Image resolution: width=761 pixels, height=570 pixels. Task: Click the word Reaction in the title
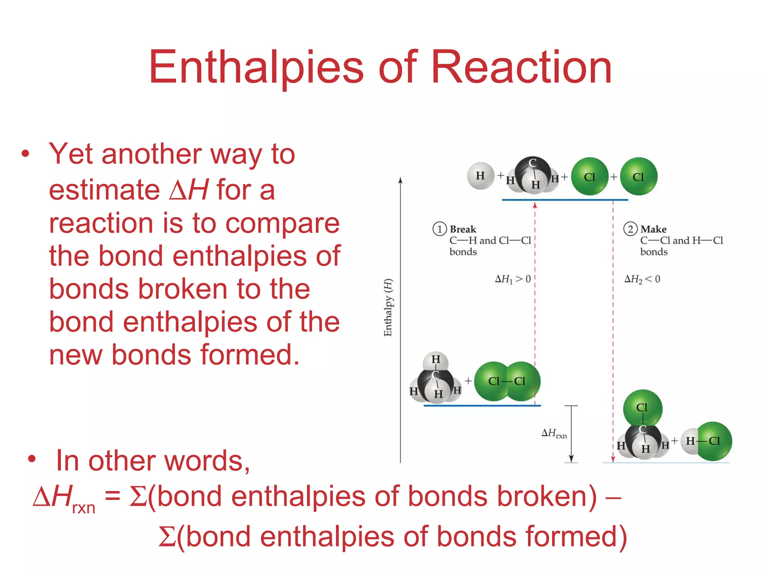point(521,68)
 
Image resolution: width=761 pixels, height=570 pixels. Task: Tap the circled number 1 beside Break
point(440,229)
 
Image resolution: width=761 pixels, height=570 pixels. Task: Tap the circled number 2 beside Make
point(630,229)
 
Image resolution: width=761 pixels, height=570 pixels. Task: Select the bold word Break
point(463,229)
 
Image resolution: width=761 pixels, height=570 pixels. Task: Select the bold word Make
point(653,229)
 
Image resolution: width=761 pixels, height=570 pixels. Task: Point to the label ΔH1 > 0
point(513,279)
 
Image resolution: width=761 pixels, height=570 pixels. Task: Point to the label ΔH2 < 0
point(642,279)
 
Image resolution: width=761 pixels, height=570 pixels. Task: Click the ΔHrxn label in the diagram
point(554,433)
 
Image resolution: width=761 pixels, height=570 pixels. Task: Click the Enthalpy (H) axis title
point(388,307)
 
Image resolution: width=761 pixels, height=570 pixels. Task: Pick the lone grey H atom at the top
point(481,176)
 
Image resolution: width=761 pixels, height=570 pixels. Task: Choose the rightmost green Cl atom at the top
point(638,177)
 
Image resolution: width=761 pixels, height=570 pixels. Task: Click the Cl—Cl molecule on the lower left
point(507,381)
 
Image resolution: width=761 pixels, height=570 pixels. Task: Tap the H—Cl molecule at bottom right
point(706,441)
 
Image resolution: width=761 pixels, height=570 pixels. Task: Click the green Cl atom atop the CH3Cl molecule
point(642,407)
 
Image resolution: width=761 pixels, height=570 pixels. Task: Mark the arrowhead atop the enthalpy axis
point(400,180)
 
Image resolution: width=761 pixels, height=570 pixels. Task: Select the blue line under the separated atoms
point(565,200)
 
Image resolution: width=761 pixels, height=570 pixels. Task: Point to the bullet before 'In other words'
point(32,459)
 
